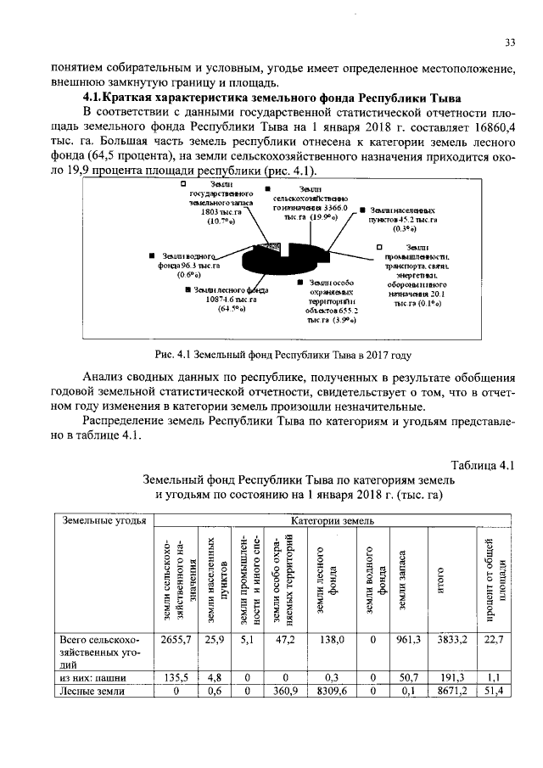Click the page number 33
pos(510,43)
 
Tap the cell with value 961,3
pos(407,639)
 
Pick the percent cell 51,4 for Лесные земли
pos(492,692)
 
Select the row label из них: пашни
pos(91,679)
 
